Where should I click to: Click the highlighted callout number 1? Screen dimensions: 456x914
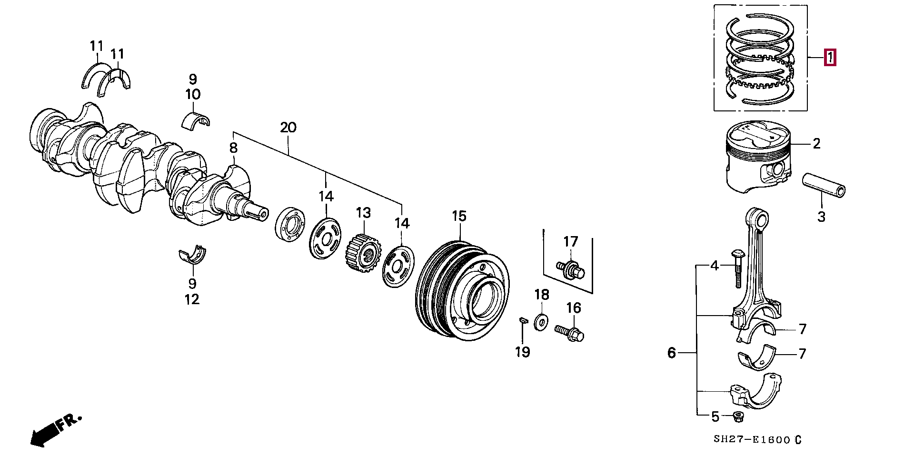tap(830, 58)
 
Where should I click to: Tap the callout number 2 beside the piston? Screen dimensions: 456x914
tap(816, 143)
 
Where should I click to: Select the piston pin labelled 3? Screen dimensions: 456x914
tap(824, 186)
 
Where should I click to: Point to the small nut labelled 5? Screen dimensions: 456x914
tap(738, 417)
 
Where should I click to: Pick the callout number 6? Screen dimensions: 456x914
tap(671, 353)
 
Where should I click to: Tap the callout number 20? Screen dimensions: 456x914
tap(288, 128)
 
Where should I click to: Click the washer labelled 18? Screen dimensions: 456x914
tap(541, 322)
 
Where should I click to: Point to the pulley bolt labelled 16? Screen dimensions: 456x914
tap(570, 333)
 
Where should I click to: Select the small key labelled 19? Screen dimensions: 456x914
tap(523, 320)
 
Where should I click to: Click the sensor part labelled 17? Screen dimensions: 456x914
tap(571, 269)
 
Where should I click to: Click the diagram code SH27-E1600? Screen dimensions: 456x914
tap(752, 440)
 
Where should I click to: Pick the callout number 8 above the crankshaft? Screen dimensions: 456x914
tap(233, 148)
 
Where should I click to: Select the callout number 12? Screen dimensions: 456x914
tap(192, 299)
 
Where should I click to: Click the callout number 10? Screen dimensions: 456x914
tap(193, 94)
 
